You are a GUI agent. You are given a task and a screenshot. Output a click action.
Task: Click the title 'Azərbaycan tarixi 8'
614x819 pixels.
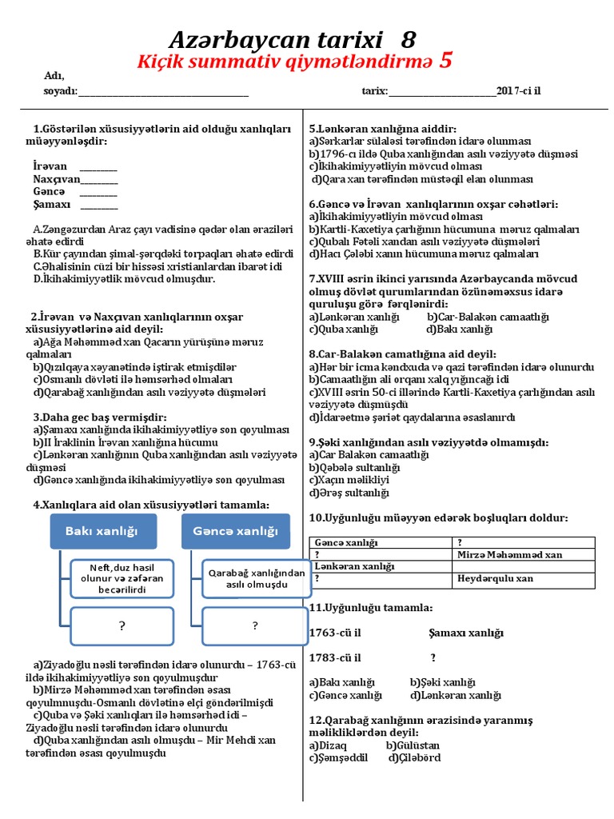pos(292,40)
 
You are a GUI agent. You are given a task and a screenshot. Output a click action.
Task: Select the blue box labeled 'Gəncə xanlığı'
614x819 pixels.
pos(235,531)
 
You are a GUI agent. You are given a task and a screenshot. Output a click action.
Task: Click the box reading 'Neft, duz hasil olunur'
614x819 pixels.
pos(122,577)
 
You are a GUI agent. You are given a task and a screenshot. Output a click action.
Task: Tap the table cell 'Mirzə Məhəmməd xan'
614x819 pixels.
pos(508,554)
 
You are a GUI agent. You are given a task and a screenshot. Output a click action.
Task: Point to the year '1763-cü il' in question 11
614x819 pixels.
pos(335,633)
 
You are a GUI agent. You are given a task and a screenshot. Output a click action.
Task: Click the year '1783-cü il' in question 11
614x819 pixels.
pos(335,657)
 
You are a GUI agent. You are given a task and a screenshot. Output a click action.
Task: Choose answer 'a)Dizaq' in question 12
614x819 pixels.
pos(329,745)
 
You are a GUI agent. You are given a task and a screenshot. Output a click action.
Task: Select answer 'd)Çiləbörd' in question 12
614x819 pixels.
pos(414,757)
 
